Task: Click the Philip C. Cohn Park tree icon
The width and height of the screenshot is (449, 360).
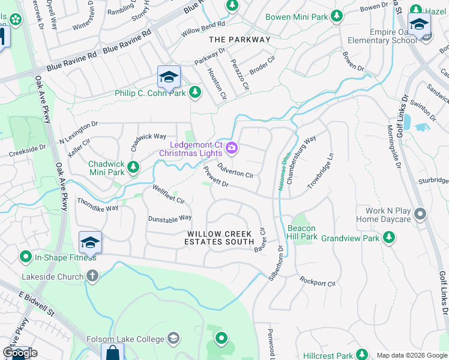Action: pos(194,92)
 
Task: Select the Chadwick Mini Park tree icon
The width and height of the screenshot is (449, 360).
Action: pos(133,167)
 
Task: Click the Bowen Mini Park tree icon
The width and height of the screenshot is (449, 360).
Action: pos(337,16)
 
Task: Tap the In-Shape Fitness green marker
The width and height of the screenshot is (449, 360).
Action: pos(25,257)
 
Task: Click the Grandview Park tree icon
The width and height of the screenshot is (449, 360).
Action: pos(389,238)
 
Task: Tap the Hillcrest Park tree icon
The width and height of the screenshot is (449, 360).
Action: pos(361,355)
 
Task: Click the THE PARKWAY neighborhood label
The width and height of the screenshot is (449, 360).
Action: pos(240,40)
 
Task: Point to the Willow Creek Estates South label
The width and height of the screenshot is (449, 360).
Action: pos(220,238)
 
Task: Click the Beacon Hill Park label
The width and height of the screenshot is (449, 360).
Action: pos(302,232)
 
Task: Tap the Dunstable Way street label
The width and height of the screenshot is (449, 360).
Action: pos(170,218)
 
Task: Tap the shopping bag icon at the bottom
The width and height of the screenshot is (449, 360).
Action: pos(112,353)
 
